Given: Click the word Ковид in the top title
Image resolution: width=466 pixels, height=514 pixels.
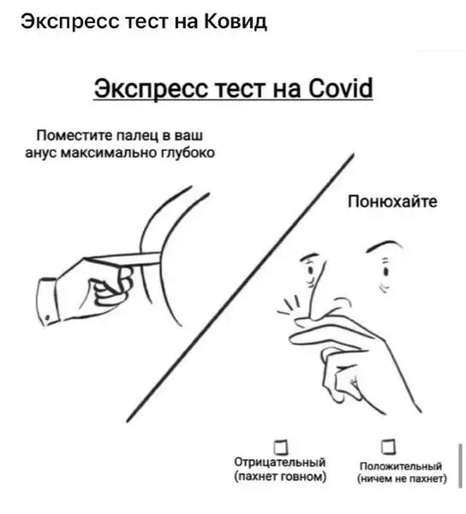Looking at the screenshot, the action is coord(236,21).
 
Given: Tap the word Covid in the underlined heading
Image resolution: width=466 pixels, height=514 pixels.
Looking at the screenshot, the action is coord(340,88).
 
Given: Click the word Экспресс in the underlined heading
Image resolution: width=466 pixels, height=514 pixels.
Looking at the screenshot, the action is coord(152,89).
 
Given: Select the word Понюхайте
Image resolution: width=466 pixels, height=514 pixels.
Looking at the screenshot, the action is coord(392,201).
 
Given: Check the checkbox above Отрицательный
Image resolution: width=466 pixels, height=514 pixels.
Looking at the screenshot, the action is coord(281,447).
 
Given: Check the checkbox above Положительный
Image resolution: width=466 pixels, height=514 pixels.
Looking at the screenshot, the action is coord(388,446).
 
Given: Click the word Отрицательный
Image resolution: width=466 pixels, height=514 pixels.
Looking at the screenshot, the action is coord(280,463).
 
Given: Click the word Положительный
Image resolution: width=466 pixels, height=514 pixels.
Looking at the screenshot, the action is coord(400,466).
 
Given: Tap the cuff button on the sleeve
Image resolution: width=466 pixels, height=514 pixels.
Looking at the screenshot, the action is coord(47,317).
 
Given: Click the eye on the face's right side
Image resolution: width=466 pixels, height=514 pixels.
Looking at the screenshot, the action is coord(386,272).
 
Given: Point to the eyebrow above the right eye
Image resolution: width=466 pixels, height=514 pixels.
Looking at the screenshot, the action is coord(384,246).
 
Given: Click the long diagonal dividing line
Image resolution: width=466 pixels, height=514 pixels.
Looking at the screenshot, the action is coord(240,288).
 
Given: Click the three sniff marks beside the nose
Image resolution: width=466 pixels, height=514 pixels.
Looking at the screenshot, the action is coord(289,306).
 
